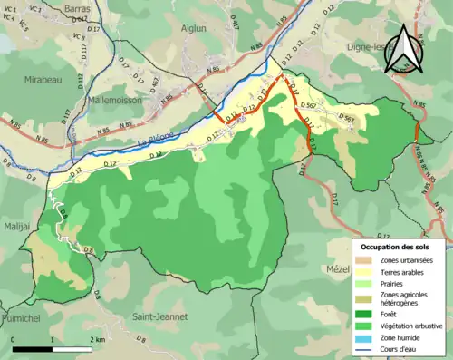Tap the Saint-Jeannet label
point(159,317)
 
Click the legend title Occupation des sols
point(400,246)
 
